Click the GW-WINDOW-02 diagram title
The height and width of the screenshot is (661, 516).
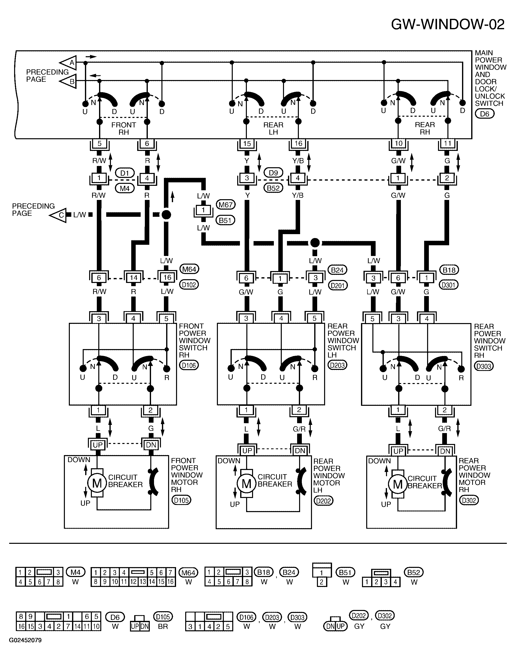448,25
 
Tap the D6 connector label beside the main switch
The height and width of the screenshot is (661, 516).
485,114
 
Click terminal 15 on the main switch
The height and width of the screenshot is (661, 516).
247,143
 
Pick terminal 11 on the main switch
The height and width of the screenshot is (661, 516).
448,143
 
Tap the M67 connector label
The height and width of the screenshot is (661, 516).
226,205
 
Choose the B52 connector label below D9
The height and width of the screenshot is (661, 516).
273,188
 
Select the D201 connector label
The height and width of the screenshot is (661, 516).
337,285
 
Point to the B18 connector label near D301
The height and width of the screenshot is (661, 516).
449,270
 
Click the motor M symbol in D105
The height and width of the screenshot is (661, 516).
97,483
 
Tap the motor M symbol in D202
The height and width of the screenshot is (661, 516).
247,484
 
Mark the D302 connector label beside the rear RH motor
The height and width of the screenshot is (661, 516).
469,500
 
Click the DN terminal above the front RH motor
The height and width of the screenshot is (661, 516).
151,445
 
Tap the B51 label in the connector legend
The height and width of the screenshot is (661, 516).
345,572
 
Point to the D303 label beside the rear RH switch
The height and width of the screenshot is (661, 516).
484,366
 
